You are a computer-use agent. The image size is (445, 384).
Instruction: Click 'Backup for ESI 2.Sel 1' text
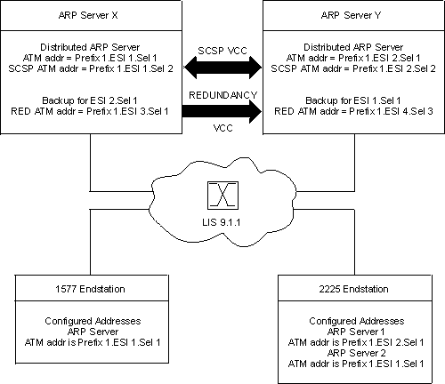(89, 101)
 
